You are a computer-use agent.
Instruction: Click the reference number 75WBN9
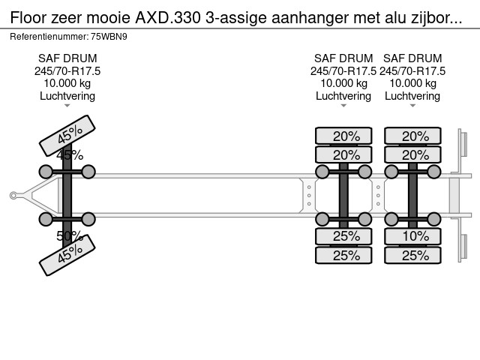(109, 37)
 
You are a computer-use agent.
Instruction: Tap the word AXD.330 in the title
(168, 18)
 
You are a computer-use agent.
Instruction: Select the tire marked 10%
(412, 236)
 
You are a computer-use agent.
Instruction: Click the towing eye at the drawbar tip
(13, 195)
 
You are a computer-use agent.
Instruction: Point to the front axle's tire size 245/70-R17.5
(67, 71)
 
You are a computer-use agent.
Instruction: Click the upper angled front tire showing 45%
(67, 135)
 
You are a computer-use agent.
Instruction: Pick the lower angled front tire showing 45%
(67, 255)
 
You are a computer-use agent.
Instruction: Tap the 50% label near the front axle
(70, 236)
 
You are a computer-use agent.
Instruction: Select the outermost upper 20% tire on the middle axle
(343, 136)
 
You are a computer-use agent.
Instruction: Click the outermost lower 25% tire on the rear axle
(412, 255)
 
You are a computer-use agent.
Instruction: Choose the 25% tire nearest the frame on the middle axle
(343, 236)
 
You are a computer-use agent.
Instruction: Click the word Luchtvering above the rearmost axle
(412, 96)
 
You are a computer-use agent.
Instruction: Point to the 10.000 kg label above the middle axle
(343, 83)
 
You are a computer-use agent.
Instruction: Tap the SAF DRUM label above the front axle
(67, 58)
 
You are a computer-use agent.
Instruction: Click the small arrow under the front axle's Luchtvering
(67, 106)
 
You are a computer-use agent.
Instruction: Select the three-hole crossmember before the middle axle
(309, 195)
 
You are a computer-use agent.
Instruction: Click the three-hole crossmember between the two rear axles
(378, 195)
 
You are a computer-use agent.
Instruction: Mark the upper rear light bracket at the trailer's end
(463, 145)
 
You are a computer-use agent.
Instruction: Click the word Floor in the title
(28, 18)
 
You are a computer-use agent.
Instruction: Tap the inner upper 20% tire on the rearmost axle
(412, 155)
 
